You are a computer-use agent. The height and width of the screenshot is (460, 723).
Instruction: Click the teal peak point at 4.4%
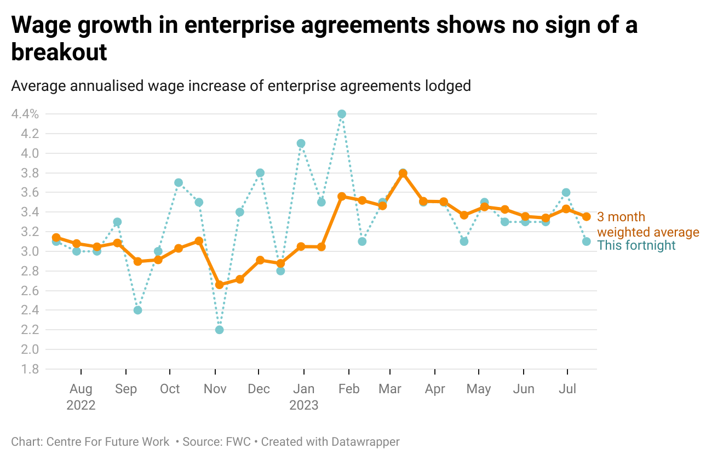342,114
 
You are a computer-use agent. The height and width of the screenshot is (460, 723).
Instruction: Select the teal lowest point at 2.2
219,330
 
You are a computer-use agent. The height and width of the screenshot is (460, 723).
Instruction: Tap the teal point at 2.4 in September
137,310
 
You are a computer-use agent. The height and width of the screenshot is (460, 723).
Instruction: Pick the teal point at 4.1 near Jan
301,143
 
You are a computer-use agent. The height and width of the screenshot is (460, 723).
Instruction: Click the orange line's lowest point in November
219,285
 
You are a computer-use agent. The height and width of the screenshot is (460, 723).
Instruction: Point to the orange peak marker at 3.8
403,173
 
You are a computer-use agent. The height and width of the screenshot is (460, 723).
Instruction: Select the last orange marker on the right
586,217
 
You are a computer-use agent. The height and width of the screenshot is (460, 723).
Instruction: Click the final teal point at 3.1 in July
586,242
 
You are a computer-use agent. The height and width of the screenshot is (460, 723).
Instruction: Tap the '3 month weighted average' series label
647,225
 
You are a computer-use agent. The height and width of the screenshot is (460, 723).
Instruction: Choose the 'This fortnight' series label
636,245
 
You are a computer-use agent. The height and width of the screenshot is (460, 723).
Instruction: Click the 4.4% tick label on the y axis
25,114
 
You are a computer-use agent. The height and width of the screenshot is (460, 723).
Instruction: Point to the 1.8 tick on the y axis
30,369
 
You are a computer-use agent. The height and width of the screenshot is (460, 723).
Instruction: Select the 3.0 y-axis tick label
30,251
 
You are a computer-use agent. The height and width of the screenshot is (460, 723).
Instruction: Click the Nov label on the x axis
215,389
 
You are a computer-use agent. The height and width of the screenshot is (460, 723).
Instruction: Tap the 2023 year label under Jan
303,405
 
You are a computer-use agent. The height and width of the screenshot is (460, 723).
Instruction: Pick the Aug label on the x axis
81,389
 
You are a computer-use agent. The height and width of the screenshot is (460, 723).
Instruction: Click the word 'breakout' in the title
59,53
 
